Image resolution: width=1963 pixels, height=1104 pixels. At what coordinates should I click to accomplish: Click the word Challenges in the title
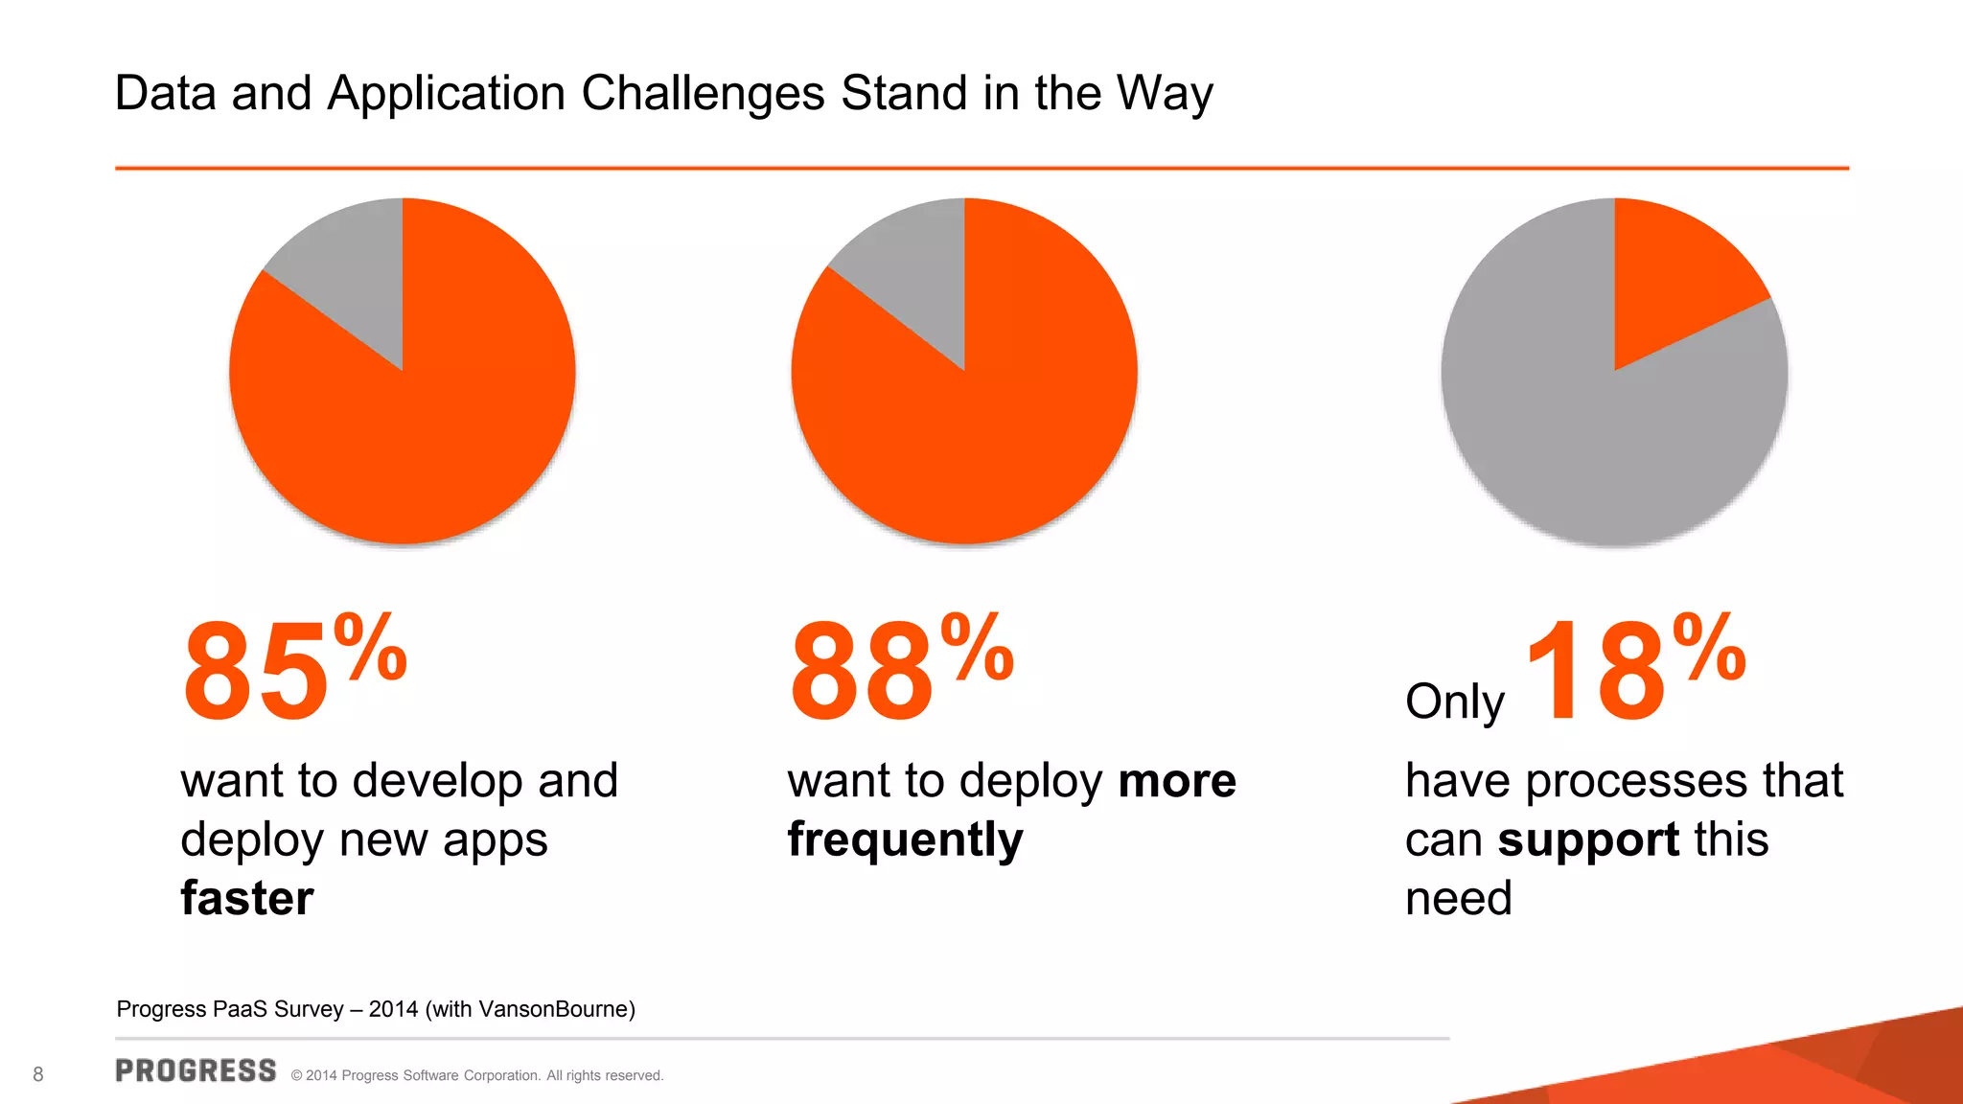(x=703, y=94)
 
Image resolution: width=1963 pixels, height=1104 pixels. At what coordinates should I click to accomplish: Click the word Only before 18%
(x=1454, y=702)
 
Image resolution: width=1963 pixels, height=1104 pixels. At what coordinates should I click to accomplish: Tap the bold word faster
(x=247, y=899)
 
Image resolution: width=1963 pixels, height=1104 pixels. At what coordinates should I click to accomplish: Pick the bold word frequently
(x=906, y=840)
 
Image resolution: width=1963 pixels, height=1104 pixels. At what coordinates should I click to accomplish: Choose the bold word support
(x=1588, y=840)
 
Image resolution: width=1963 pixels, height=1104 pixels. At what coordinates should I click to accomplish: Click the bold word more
(x=1177, y=781)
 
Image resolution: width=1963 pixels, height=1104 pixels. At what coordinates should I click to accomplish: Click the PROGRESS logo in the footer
(x=196, y=1071)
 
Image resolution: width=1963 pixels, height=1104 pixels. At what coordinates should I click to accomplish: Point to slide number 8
(x=38, y=1074)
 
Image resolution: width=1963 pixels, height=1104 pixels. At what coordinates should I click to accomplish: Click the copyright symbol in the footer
(x=297, y=1076)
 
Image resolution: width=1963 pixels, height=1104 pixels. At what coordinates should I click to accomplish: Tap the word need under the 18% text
(x=1458, y=899)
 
